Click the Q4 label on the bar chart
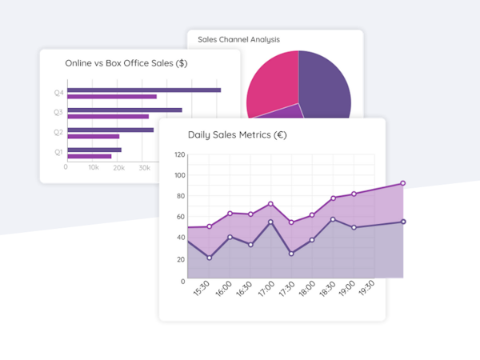click(58, 93)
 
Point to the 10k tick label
click(94, 168)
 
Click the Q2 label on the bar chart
click(58, 132)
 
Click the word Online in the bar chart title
click(78, 62)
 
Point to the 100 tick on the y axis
click(179, 175)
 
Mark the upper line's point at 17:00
click(270, 204)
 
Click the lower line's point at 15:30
click(210, 258)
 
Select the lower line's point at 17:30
click(291, 254)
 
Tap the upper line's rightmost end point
click(402, 183)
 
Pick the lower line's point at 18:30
click(333, 219)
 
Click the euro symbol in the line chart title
click(280, 134)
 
